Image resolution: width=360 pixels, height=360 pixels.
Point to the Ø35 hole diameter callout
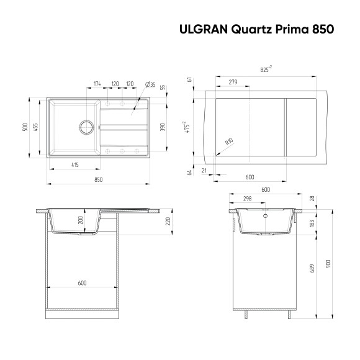(x=150, y=84)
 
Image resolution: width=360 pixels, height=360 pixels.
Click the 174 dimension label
(x=97, y=83)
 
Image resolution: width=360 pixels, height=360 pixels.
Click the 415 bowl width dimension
(x=74, y=164)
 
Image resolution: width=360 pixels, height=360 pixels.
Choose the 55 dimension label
(x=163, y=88)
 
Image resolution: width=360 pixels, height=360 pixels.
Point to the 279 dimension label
(x=233, y=82)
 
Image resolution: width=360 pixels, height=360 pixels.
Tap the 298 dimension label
(x=247, y=199)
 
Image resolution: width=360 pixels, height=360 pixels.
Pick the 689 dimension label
(x=312, y=270)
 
